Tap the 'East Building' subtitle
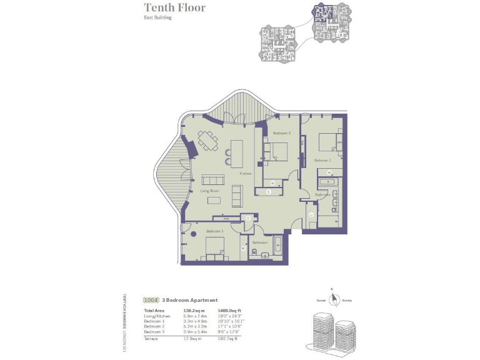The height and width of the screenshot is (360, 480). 158,18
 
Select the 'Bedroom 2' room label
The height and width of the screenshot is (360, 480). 281,134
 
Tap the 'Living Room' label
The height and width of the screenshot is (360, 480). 209,191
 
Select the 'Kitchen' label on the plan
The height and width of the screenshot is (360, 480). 246,173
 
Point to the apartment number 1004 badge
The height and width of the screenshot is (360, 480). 151,300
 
